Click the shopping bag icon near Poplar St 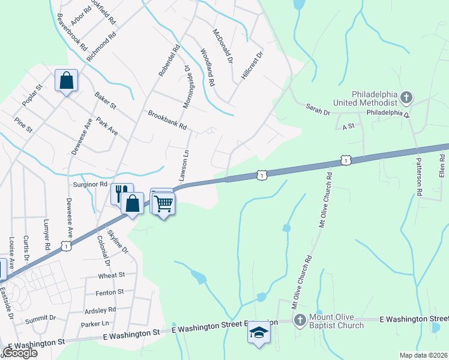67,80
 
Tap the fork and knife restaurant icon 122,193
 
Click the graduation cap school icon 259,332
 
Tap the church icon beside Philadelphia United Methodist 406,97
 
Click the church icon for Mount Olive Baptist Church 300,321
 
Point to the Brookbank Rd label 167,120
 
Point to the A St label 349,127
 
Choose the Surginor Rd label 89,184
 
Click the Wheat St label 112,275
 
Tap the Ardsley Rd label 100,310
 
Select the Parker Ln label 95,324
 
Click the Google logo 20,353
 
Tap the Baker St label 105,101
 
